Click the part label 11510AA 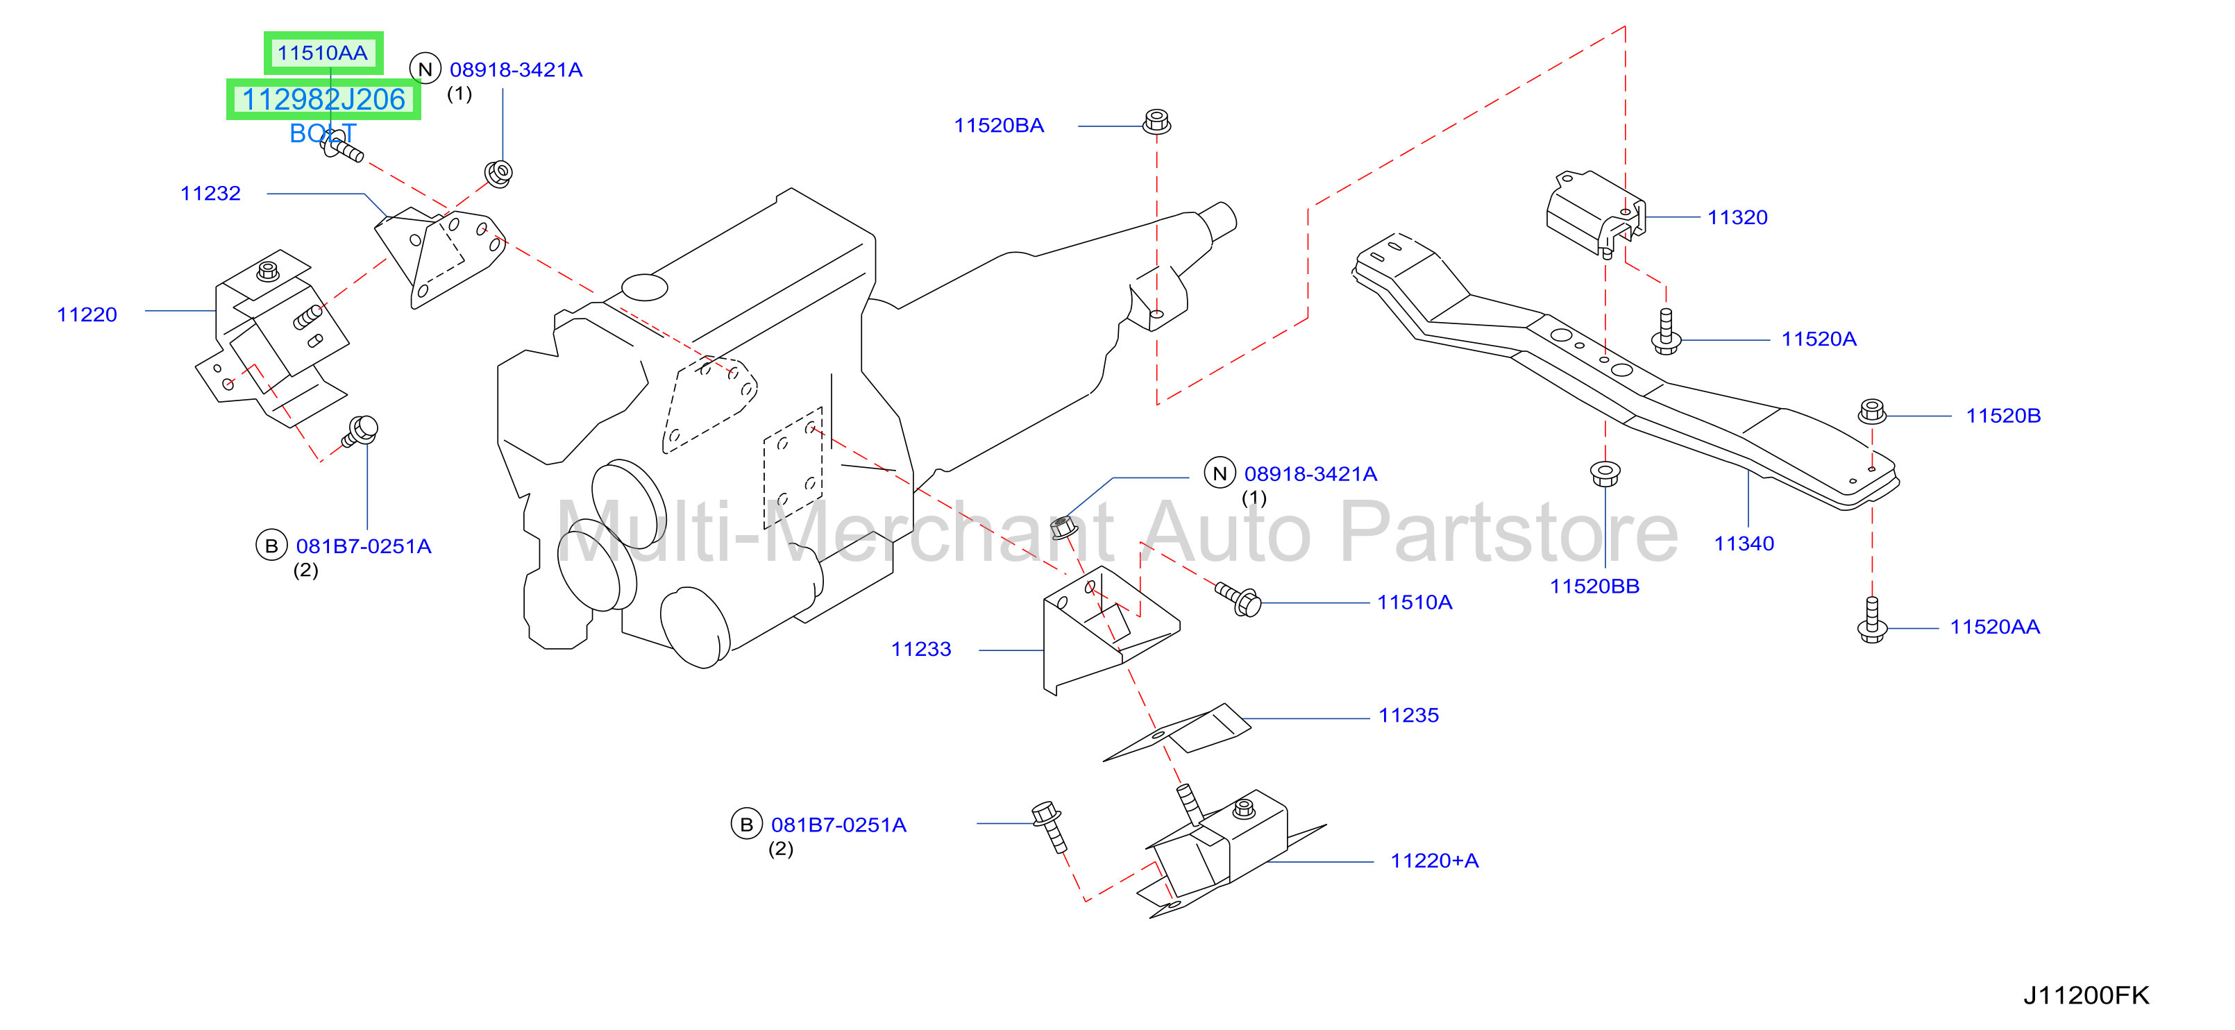click(x=322, y=53)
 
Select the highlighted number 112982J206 click(x=323, y=100)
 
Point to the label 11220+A click(x=1434, y=861)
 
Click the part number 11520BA click(x=999, y=126)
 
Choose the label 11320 click(x=1737, y=218)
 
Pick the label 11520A click(x=1819, y=339)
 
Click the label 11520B click(x=2002, y=416)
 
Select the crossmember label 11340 click(x=1744, y=544)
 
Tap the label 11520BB click(x=1595, y=586)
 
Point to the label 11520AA click(x=1995, y=627)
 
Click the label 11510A click(x=1415, y=602)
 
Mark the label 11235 click(x=1408, y=716)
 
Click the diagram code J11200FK click(x=2086, y=995)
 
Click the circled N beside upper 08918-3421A click(x=425, y=69)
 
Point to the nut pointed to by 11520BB click(x=1605, y=474)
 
